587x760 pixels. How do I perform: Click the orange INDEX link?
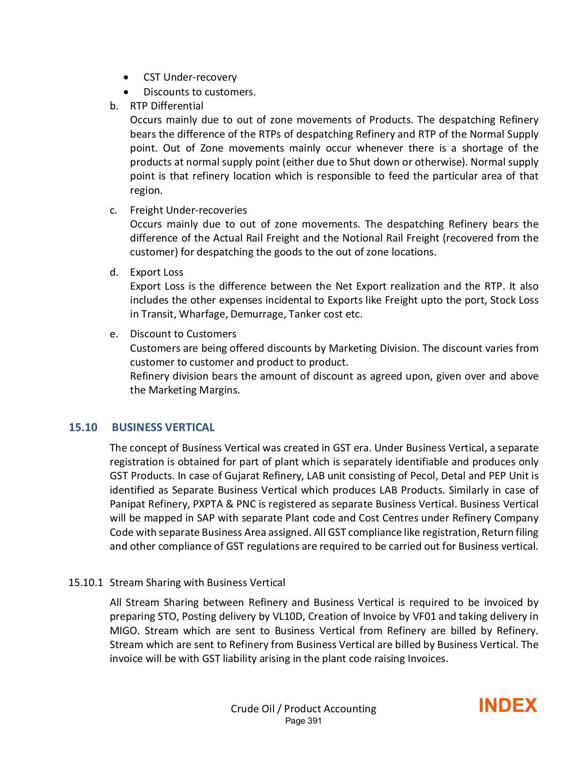507,706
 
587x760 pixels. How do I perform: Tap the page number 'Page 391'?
303,721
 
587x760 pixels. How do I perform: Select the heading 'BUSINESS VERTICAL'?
163,427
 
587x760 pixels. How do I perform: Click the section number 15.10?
83,427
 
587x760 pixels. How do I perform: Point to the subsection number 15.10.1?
86,583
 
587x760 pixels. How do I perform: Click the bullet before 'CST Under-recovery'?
126,78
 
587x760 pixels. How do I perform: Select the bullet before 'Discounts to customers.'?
126,92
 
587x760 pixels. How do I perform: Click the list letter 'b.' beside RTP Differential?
114,106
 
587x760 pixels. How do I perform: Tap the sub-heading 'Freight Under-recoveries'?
188,210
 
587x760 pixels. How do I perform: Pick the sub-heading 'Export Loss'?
157,272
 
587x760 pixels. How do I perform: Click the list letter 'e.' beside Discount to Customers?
114,334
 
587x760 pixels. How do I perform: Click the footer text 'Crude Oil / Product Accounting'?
303,708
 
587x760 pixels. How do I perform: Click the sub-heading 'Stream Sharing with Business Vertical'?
197,583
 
